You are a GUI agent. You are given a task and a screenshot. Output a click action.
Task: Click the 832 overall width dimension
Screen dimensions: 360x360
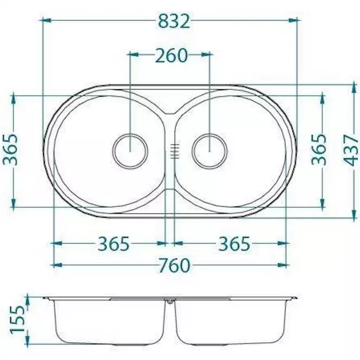pyautogui.click(x=174, y=21)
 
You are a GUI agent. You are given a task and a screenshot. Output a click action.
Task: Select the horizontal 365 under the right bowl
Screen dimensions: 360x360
pyautogui.click(x=234, y=244)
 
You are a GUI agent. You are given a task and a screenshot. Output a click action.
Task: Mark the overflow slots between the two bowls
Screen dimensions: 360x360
pyautogui.click(x=174, y=150)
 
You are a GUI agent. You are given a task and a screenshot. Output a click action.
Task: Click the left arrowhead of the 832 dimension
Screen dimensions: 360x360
pyautogui.click(x=45, y=21)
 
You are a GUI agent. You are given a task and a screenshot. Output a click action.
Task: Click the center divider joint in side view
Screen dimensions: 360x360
pyautogui.click(x=171, y=302)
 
